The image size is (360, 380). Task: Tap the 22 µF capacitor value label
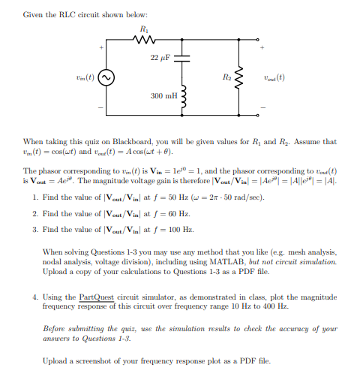pyautogui.click(x=160, y=58)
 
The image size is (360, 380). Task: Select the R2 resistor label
pyautogui.click(x=226, y=77)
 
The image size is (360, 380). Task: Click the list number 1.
pyautogui.click(x=35, y=197)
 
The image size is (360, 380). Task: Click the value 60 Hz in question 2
pyautogui.click(x=170, y=213)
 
